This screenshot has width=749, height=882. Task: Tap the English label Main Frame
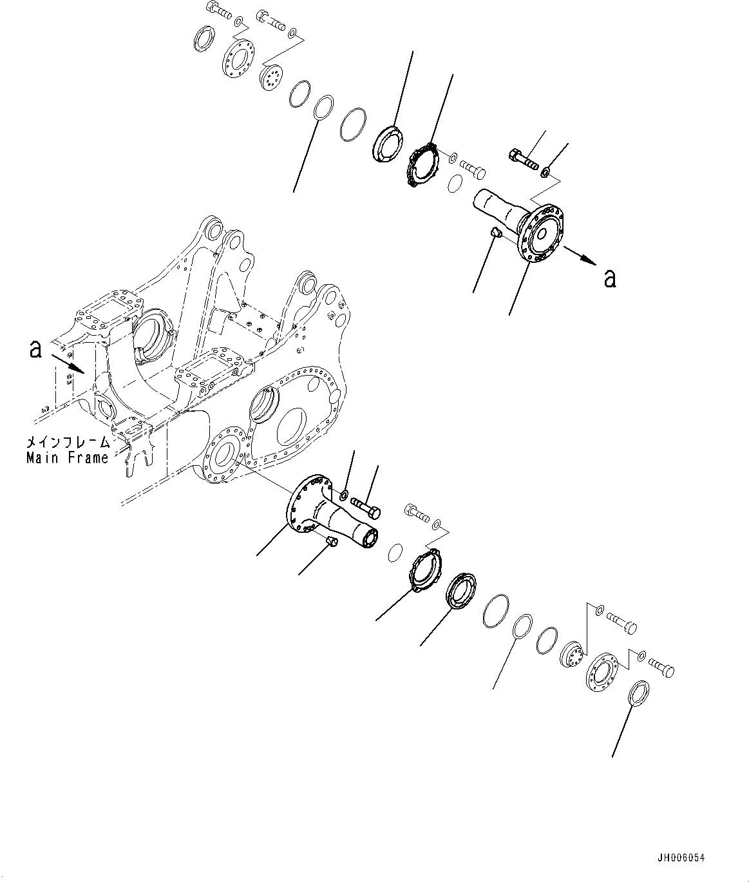[x=67, y=458]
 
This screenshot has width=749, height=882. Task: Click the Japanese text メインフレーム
[x=67, y=443]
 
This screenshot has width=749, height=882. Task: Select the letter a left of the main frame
[x=36, y=349]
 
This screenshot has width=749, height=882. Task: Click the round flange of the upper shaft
[x=544, y=233]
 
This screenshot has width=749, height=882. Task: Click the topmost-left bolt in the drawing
[x=220, y=10]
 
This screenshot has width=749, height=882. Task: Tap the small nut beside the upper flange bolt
[x=545, y=171]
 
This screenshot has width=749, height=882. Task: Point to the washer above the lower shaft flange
[x=344, y=494]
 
